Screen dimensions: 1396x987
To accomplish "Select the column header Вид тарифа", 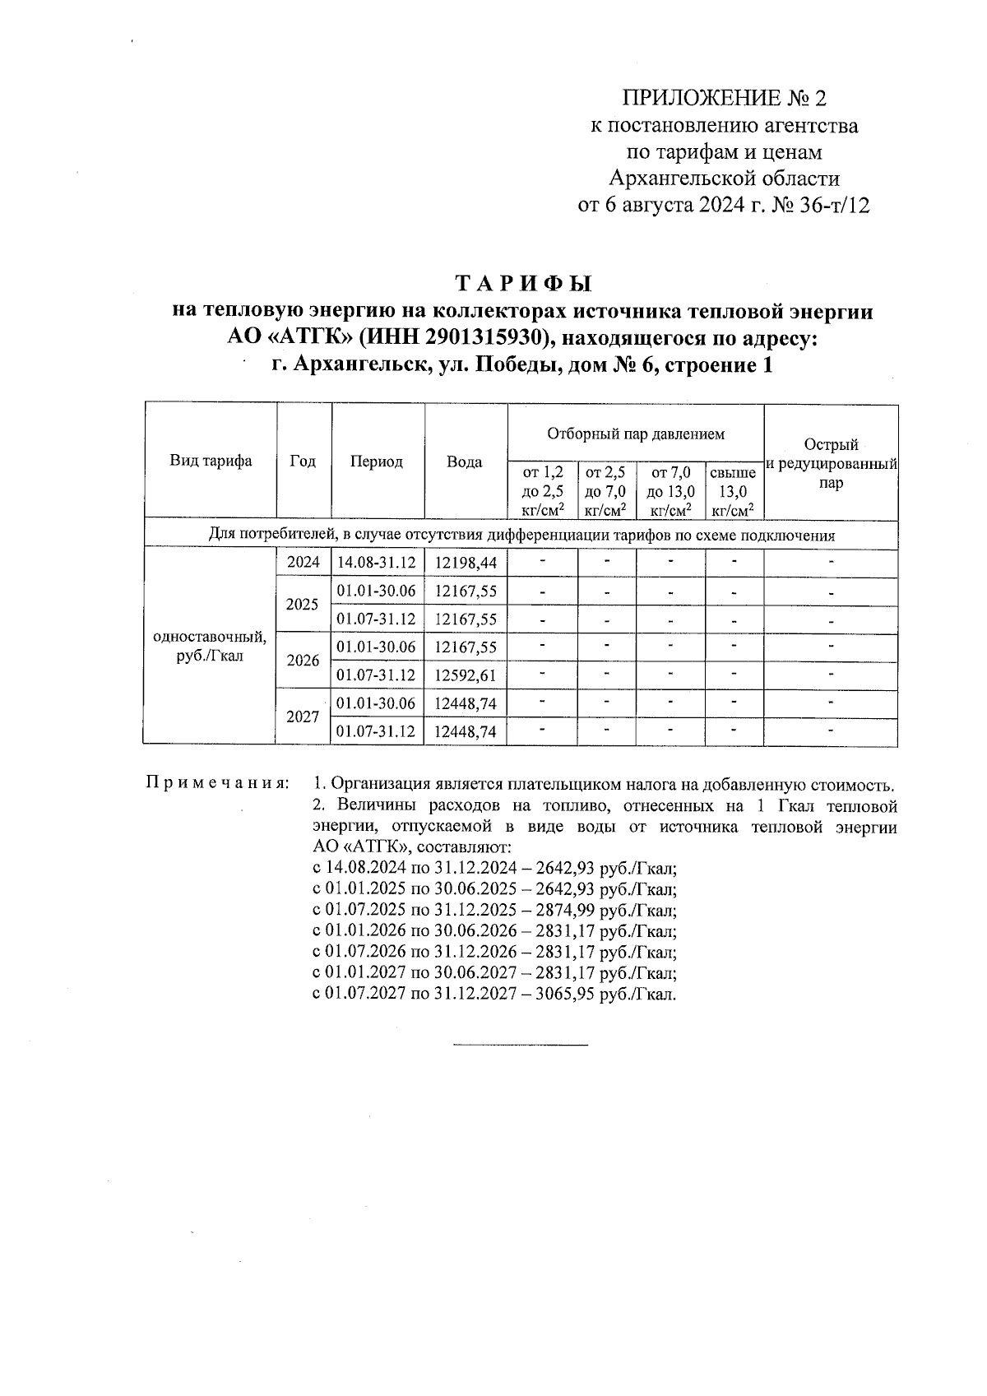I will tap(211, 461).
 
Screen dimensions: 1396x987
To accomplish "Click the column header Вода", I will tap(465, 462).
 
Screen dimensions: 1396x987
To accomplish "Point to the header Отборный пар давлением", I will tap(636, 433).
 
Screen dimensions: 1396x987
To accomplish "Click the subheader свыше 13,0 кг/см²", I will tap(733, 492).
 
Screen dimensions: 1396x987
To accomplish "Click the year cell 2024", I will tap(304, 563).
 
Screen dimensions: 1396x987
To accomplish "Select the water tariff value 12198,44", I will tap(466, 564).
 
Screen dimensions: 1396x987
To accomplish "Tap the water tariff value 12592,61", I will tap(466, 675).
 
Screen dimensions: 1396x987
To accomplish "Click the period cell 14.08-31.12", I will tap(377, 564).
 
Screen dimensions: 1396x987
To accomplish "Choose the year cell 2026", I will tap(303, 661).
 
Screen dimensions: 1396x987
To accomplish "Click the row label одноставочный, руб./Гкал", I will tap(210, 647).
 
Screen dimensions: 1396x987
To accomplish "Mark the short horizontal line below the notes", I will tap(521, 1045).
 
